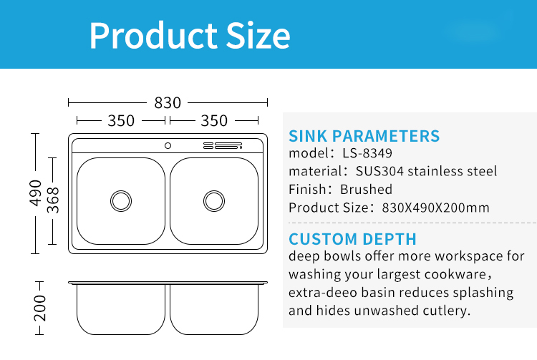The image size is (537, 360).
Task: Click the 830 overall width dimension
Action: pyautogui.click(x=168, y=102)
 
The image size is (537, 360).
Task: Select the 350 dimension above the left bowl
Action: pyautogui.click(x=121, y=121)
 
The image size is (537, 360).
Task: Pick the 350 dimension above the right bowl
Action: pyautogui.click(x=214, y=121)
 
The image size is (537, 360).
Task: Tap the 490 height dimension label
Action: pyautogui.click(x=35, y=193)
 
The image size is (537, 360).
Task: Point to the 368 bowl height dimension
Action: pyautogui.click(x=53, y=200)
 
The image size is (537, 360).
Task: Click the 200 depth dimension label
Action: pyautogui.click(x=39, y=308)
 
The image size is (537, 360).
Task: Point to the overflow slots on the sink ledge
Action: pyautogui.click(x=223, y=146)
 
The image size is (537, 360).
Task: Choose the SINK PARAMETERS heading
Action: pyautogui.click(x=364, y=136)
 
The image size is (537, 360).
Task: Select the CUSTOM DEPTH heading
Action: pyautogui.click(x=352, y=239)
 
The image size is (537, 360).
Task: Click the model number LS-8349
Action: pyautogui.click(x=367, y=153)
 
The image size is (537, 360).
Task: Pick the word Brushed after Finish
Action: pyautogui.click(x=366, y=189)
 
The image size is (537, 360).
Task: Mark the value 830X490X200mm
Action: pyautogui.click(x=435, y=208)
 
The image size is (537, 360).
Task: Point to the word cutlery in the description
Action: pyautogui.click(x=447, y=311)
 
